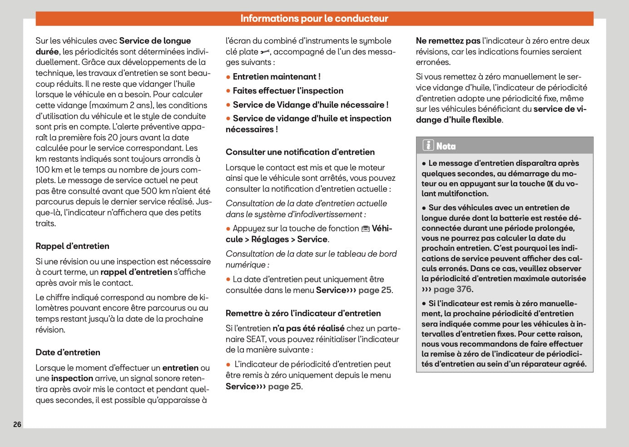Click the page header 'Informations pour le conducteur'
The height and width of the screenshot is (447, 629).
(x=314, y=19)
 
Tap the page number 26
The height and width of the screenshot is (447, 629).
(x=17, y=424)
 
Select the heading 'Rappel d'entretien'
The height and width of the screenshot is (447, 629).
(x=72, y=246)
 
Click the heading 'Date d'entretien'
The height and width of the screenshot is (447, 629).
(x=68, y=353)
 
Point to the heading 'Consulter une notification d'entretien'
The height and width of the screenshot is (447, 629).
(x=300, y=152)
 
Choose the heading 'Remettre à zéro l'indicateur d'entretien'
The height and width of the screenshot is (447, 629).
(x=303, y=313)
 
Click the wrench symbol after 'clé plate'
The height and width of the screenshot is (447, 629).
(x=265, y=52)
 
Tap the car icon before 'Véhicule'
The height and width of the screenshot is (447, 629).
(x=366, y=229)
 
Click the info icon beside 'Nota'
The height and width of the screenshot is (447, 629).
(x=428, y=145)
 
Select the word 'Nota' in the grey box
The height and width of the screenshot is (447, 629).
(x=446, y=146)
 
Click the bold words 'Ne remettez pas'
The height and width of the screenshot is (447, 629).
(x=448, y=41)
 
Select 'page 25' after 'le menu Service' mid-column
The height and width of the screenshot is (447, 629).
(x=375, y=290)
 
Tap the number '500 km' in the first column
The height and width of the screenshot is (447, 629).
(x=155, y=191)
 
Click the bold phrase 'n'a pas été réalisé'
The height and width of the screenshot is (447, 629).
(x=308, y=328)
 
